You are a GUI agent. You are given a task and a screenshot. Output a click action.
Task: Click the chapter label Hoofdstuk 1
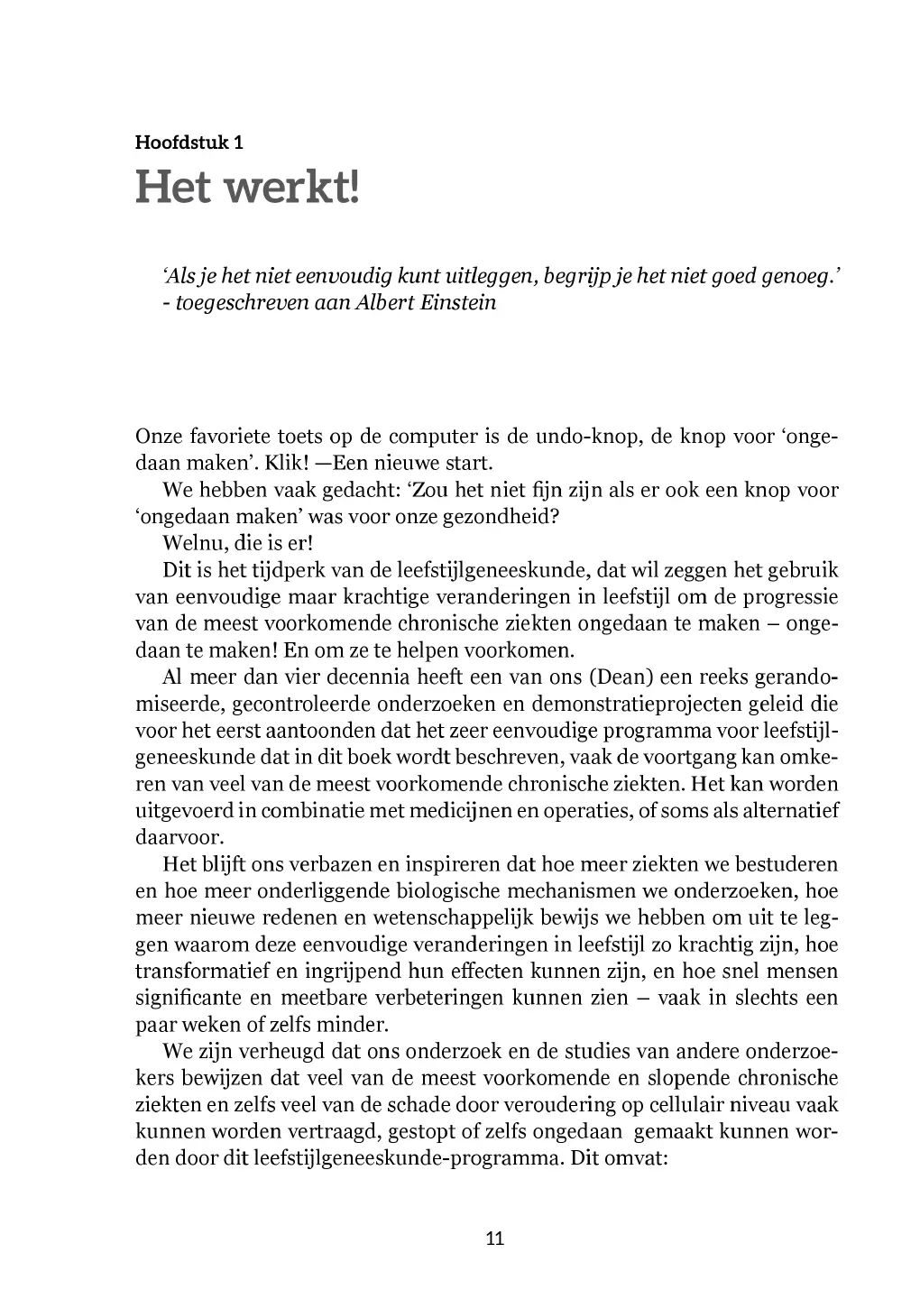189,142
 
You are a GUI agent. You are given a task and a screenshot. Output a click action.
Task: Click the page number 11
495,1238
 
